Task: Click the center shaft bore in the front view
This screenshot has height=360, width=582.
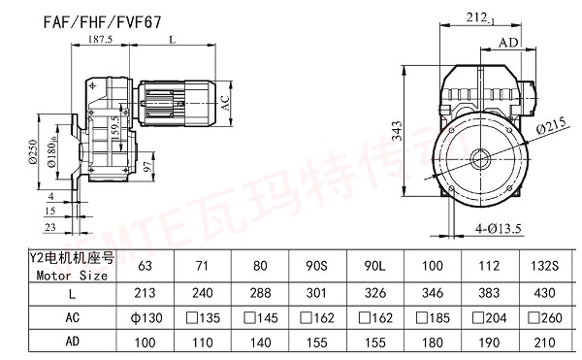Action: [482, 157]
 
